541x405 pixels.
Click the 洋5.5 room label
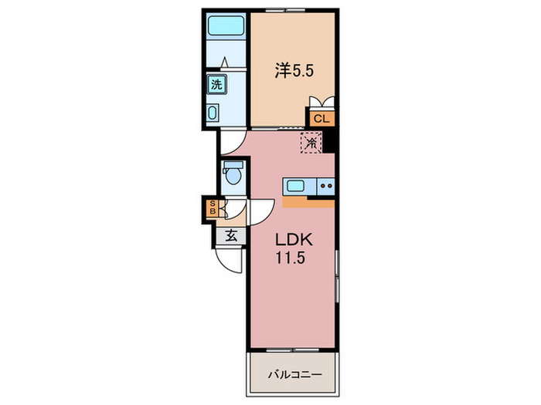click(x=294, y=71)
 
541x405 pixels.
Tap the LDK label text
click(x=294, y=240)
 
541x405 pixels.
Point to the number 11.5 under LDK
click(x=290, y=257)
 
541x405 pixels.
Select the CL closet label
click(x=322, y=119)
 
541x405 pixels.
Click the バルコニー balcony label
click(x=295, y=374)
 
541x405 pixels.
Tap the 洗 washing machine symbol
click(x=217, y=84)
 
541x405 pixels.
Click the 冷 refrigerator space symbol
click(x=311, y=143)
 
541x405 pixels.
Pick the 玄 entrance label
click(x=231, y=236)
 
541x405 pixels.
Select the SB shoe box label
click(x=213, y=208)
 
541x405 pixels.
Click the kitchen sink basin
click(x=295, y=187)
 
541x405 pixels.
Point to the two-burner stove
click(x=326, y=187)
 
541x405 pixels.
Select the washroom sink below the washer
click(x=213, y=113)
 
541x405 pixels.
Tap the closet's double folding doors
click(x=322, y=102)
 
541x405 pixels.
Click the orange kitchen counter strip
click(x=308, y=202)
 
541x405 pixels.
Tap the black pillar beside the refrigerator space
click(x=328, y=140)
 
